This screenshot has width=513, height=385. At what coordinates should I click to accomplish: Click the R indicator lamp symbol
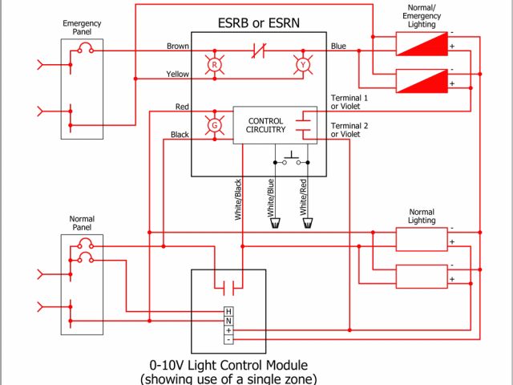tap(214, 64)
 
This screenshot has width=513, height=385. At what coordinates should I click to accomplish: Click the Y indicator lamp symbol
tap(303, 64)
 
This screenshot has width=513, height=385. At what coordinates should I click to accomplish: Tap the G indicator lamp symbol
tap(214, 125)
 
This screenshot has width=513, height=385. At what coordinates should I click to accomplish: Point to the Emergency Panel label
tap(81, 28)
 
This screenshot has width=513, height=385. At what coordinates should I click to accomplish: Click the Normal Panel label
tap(82, 223)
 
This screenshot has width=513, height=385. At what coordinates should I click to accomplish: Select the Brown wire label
tap(177, 47)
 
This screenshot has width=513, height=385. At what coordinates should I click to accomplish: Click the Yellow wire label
tap(177, 75)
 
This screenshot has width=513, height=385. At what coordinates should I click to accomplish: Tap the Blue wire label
tap(338, 47)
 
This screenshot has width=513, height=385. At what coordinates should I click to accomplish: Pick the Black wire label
tap(180, 135)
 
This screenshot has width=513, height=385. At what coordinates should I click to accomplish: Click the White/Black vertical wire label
tap(238, 200)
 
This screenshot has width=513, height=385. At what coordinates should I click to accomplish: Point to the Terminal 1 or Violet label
tap(349, 102)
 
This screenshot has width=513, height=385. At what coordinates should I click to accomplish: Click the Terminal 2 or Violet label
tap(349, 130)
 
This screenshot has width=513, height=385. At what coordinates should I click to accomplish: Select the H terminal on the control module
tap(228, 311)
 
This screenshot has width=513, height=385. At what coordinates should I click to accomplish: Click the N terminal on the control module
tap(228, 320)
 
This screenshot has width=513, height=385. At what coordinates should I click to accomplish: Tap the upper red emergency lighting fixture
tap(422, 43)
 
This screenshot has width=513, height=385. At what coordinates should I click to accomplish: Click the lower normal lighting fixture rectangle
tap(422, 275)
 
